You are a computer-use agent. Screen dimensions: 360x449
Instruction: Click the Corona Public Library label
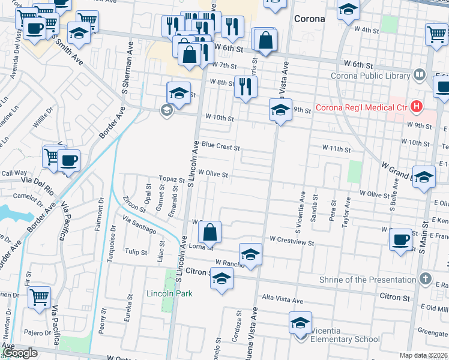(x=372, y=76)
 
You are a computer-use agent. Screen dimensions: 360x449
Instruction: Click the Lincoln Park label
(x=170, y=293)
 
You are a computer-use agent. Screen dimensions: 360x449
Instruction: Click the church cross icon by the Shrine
(x=425, y=279)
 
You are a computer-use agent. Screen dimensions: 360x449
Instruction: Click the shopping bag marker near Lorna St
(x=210, y=232)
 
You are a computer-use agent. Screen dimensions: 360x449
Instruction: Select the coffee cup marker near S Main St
(x=400, y=239)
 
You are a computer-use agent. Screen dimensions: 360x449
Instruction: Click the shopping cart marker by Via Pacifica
(x=39, y=297)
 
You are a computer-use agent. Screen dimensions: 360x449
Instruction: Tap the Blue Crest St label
(x=220, y=145)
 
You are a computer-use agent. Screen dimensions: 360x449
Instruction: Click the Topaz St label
(x=171, y=179)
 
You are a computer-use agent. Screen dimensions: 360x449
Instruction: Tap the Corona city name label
(x=309, y=19)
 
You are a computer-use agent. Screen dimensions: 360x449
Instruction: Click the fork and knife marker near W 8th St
(x=246, y=86)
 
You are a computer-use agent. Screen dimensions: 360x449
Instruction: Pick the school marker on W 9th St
(x=280, y=110)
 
